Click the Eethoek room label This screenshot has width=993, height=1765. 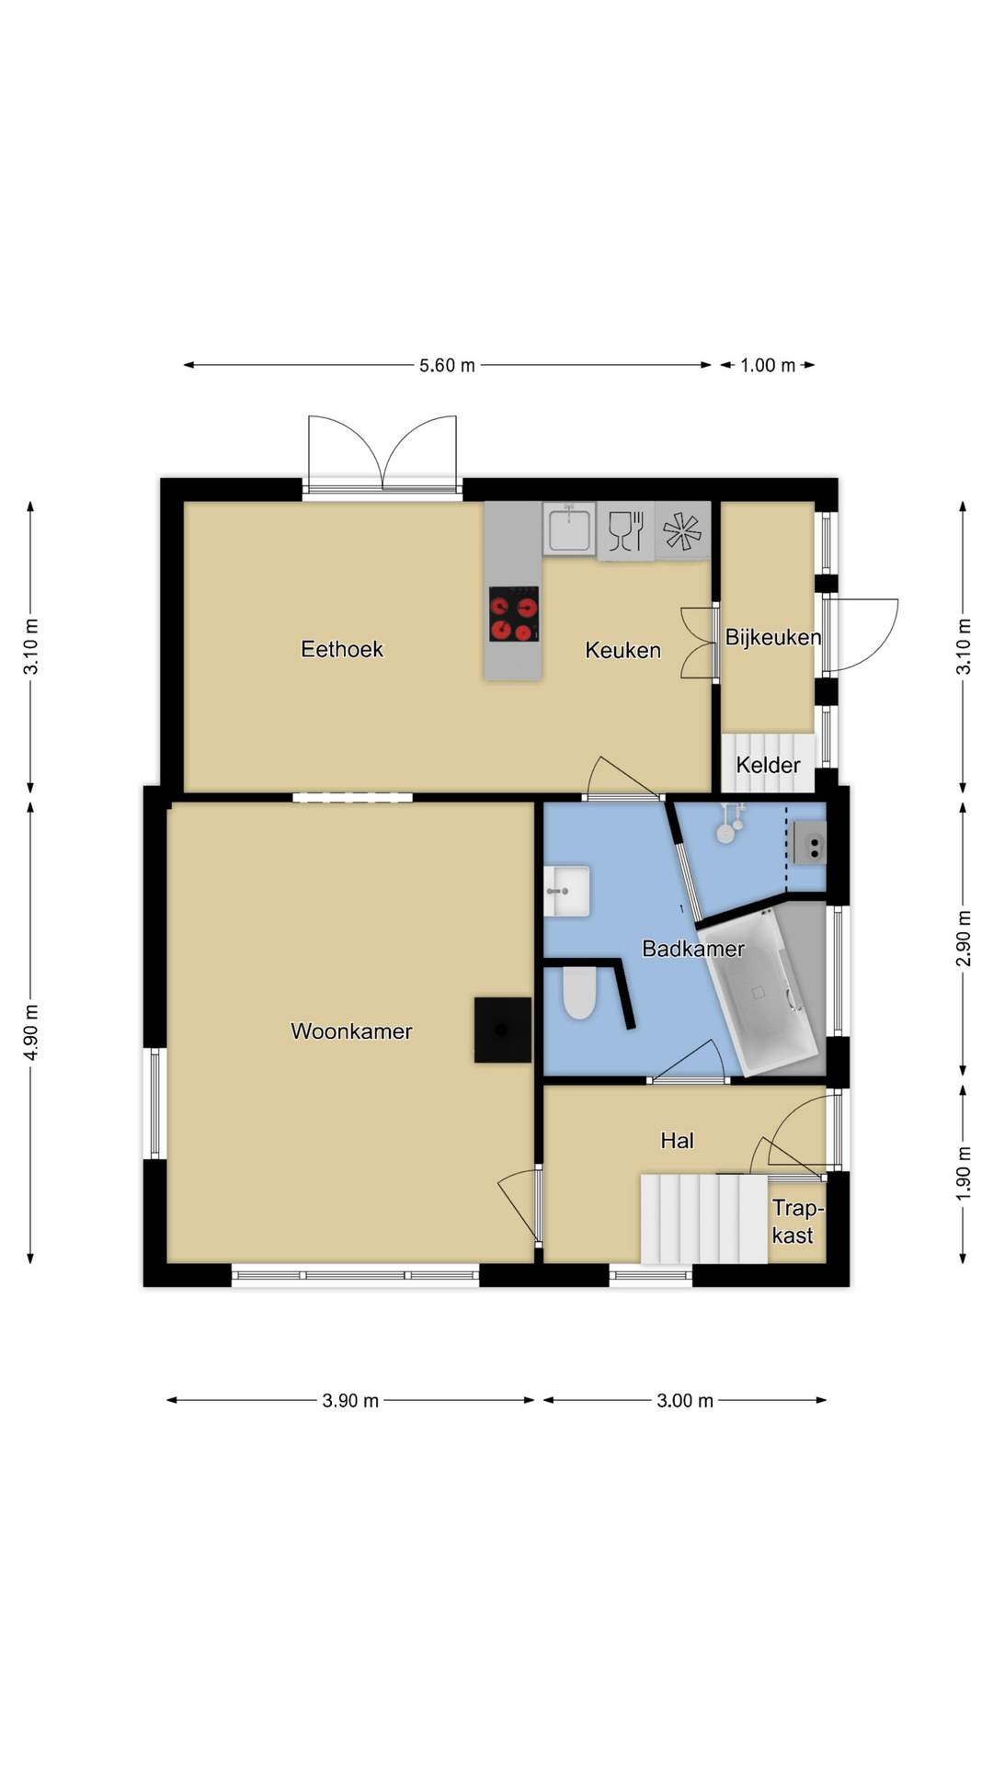pos(342,649)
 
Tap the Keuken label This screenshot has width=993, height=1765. pos(623,650)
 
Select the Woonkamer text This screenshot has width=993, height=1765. pos(351,1031)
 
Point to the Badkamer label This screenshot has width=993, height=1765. pos(693,949)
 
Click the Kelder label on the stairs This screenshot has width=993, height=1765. pos(768,765)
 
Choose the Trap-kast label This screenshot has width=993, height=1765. pos(796,1222)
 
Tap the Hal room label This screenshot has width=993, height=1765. pos(678,1141)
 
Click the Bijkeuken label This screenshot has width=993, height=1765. pos(773,637)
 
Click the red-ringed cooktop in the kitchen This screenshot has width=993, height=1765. pos(514,614)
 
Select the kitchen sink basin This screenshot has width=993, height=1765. pos(569,529)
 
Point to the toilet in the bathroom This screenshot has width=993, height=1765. pos(579,993)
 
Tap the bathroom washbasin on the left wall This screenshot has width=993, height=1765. pos(566,891)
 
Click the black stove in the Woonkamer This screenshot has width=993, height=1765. pos(502,1030)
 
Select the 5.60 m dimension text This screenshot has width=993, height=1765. pos(448,365)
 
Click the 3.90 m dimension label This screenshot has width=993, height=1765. pos(350,1400)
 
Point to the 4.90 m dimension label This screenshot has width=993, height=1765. pos(31,1031)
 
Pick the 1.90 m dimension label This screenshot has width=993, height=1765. pos(963,1172)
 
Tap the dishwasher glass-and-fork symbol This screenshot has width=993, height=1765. pos(626,530)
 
